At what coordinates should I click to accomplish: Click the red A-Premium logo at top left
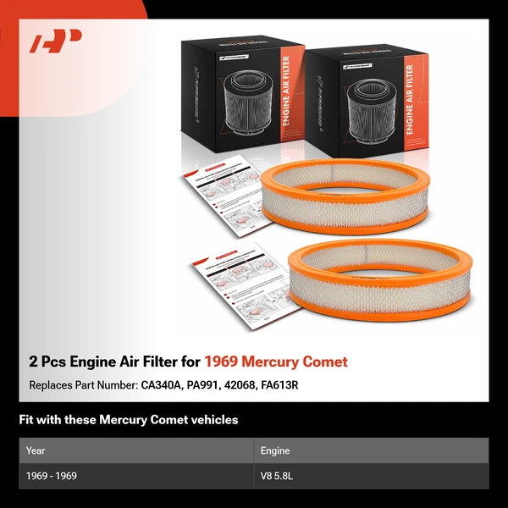coord(56,41)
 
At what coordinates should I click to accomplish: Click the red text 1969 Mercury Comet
coord(275,362)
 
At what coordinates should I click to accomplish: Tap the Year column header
coord(36,450)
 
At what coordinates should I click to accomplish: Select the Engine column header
coord(276,450)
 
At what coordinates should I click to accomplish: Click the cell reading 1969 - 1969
coord(52,476)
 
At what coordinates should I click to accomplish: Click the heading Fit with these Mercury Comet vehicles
coord(129,420)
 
